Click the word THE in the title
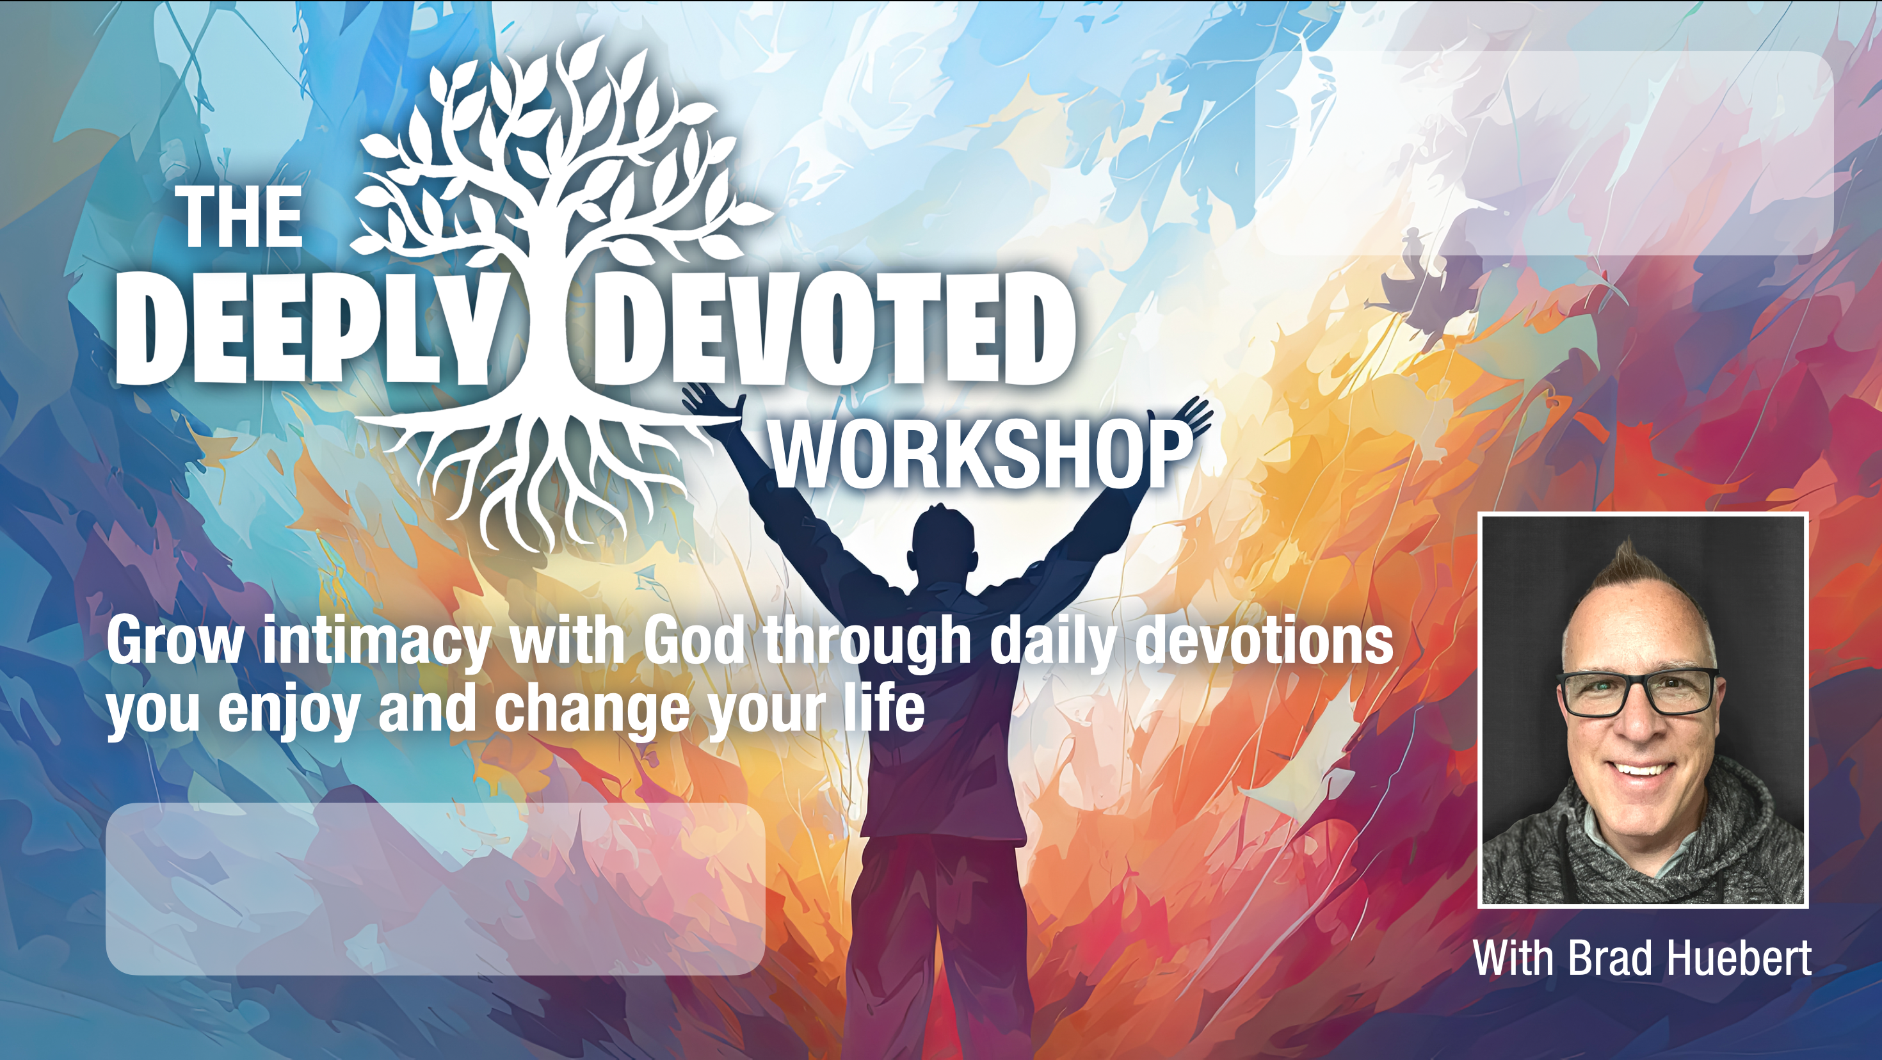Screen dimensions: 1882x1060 click(x=243, y=217)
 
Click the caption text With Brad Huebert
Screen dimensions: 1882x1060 click(x=1642, y=958)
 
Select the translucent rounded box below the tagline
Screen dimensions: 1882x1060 click(x=435, y=888)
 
